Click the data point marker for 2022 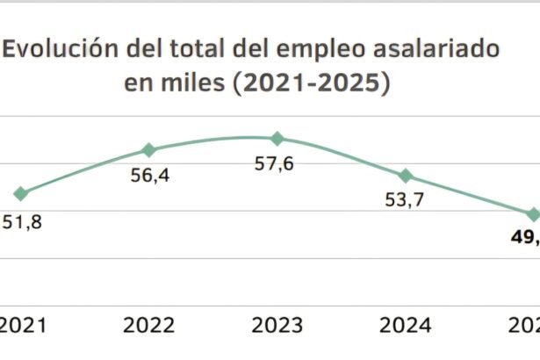(148, 150)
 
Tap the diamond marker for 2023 (277, 138)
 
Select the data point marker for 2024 (406, 176)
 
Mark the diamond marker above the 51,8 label (21, 193)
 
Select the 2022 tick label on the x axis (148, 326)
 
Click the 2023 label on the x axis (277, 326)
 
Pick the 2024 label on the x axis (406, 326)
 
